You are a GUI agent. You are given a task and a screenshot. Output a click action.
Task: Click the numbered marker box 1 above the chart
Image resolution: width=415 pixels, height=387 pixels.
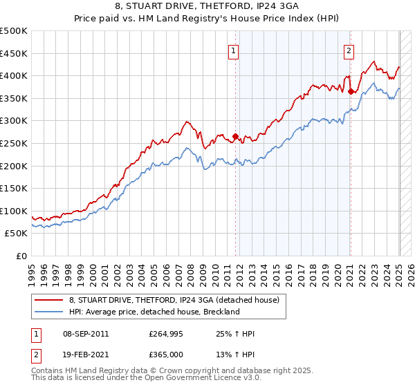pos(234,50)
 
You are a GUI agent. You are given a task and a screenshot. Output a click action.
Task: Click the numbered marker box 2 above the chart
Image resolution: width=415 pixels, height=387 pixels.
pos(349,50)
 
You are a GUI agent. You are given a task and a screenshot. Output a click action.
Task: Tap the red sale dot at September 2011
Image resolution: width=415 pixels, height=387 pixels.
pos(236,136)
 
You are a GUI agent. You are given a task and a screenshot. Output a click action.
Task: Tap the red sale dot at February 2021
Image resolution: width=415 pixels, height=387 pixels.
pos(351,91)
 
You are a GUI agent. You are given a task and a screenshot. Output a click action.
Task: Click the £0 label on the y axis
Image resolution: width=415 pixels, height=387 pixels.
pos(21,256)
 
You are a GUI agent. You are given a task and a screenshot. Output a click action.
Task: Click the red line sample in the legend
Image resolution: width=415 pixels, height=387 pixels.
pos(48,300)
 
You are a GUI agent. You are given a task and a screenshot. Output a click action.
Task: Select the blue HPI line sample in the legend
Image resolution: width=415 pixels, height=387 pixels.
pos(48,312)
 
